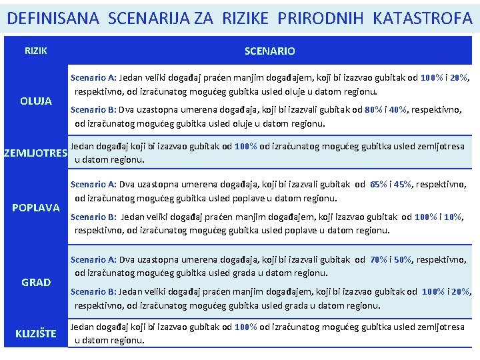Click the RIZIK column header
36,51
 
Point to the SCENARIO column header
269,51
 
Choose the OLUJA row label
36,101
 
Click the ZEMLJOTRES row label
35,153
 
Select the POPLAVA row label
36,207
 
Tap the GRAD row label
36,282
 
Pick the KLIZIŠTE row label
36,333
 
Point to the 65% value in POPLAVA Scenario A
379,185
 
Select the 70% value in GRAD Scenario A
379,259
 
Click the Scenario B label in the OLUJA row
93,110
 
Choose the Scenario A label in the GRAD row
93,259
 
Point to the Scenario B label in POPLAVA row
93,217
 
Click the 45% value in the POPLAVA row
405,185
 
